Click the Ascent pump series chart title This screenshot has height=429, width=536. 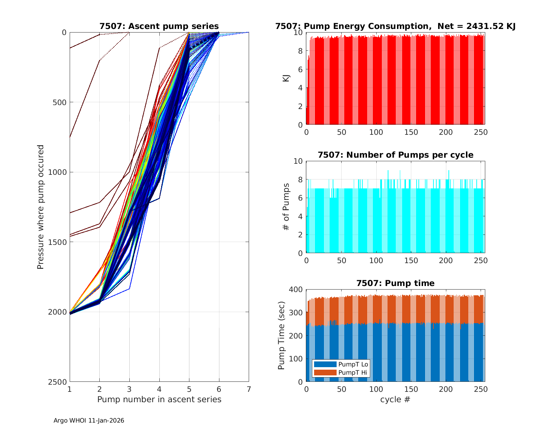click(x=159, y=26)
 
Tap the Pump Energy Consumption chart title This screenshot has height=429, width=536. click(x=395, y=26)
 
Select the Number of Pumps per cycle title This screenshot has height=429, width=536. click(x=395, y=155)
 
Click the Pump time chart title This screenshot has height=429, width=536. click(x=395, y=283)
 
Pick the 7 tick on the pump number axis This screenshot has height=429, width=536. click(x=249, y=389)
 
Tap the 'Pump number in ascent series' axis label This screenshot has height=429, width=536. click(x=159, y=399)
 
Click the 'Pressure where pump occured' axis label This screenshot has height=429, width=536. click(x=40, y=207)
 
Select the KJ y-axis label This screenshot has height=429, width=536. click(x=286, y=78)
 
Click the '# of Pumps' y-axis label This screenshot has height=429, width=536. click(x=286, y=207)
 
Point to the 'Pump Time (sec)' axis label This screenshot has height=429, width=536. click(x=282, y=335)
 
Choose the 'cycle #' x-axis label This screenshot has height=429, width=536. click(x=395, y=399)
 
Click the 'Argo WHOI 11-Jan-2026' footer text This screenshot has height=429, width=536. click(x=89, y=420)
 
